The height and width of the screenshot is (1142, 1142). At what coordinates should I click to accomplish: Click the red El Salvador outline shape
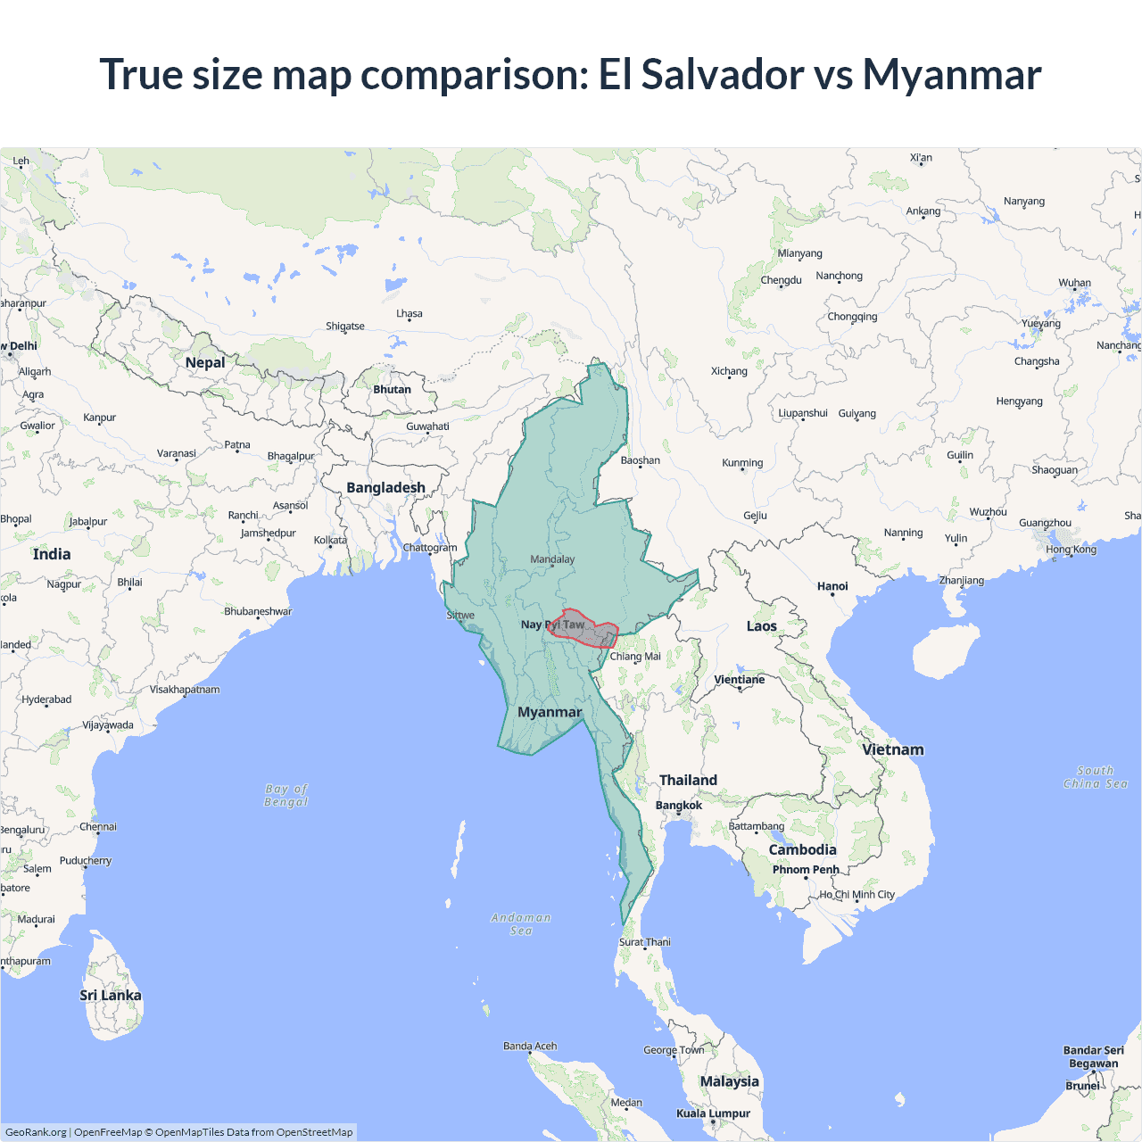pos(584,628)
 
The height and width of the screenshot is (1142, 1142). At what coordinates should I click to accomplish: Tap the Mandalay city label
pos(552,559)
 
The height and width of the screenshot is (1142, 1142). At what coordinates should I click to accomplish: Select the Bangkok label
pos(679,806)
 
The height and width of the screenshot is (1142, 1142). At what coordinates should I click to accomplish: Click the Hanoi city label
pos(832,586)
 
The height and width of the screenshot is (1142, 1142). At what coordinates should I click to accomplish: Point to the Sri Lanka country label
pos(111,996)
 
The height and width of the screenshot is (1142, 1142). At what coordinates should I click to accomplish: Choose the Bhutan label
pos(392,390)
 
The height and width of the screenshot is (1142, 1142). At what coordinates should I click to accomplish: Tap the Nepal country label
pos(205,362)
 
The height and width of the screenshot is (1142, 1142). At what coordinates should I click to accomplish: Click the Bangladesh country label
pos(385,488)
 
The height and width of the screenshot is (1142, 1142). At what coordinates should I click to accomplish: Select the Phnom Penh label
pos(806,870)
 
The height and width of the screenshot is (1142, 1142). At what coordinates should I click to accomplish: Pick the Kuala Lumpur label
pos(713,1113)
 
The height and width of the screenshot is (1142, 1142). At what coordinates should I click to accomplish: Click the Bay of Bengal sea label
pos(286,795)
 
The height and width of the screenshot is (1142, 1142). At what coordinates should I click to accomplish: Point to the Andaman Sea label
pos(521,924)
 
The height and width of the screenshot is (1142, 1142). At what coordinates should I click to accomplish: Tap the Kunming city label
pos(742,463)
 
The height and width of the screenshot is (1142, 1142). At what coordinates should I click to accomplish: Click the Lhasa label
pos(410,314)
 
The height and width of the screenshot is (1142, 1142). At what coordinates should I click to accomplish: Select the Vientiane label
pos(740,680)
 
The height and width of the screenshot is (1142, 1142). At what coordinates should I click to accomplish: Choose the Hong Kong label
pos(1072,550)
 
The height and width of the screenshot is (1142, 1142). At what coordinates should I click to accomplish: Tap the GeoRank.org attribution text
pos(36,1132)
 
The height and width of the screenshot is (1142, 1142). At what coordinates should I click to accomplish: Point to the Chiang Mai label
pos(635,657)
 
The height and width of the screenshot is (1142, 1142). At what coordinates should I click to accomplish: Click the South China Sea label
pos(1096,777)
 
